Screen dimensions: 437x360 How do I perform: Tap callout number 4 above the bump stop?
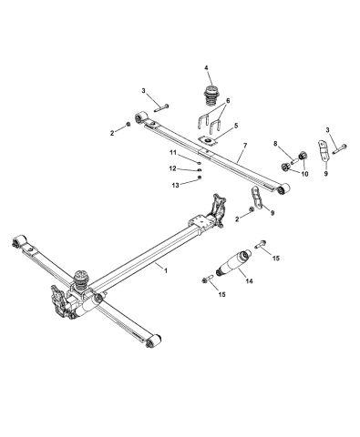[206, 67]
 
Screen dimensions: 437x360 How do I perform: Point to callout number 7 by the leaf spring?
[243, 145]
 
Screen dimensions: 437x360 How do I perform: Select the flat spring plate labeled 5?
[211, 141]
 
